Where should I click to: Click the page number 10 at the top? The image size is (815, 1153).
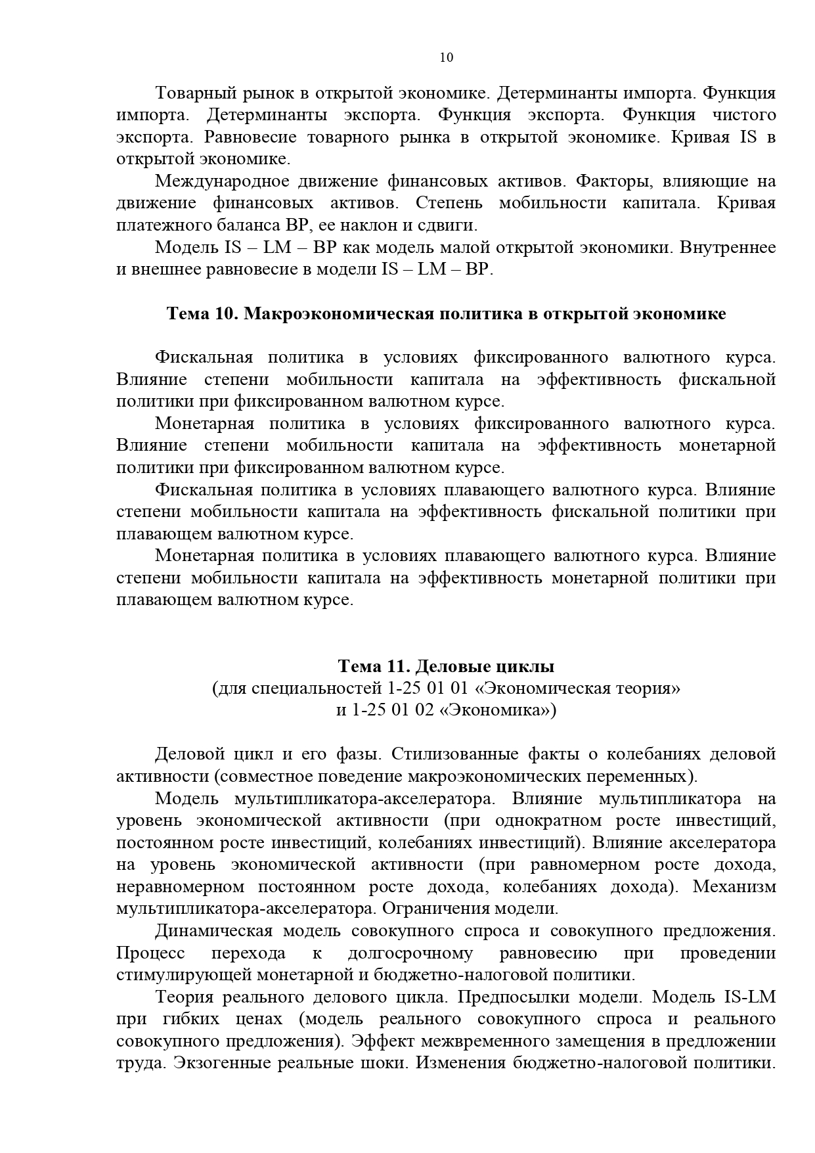[x=446, y=57]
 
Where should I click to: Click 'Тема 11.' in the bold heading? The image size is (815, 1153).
[x=374, y=667]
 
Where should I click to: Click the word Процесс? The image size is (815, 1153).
[x=150, y=953]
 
